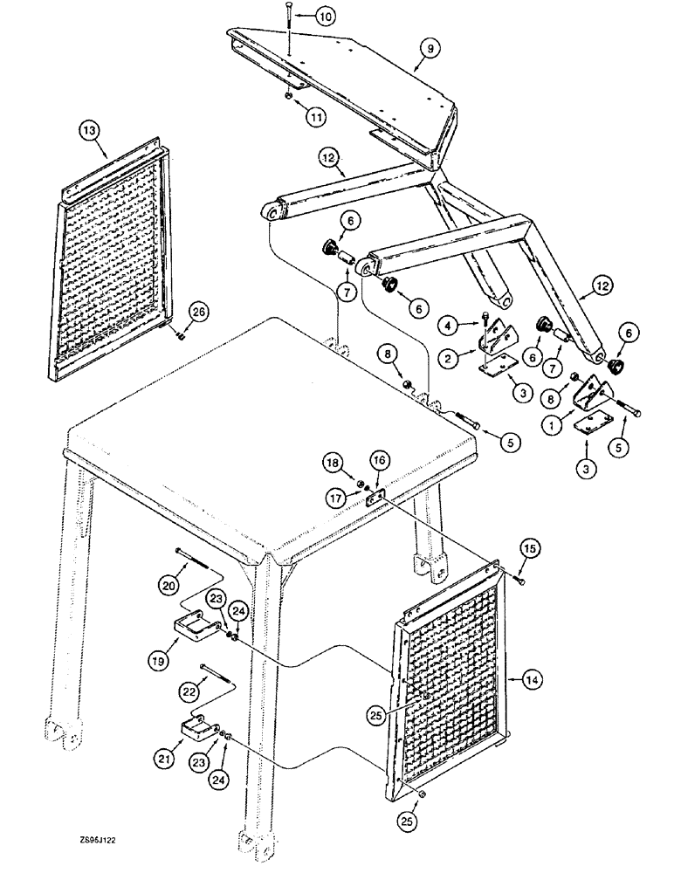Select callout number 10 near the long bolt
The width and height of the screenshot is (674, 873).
coord(323,17)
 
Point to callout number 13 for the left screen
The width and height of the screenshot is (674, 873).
coord(89,132)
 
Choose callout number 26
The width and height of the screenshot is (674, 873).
coord(201,313)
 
